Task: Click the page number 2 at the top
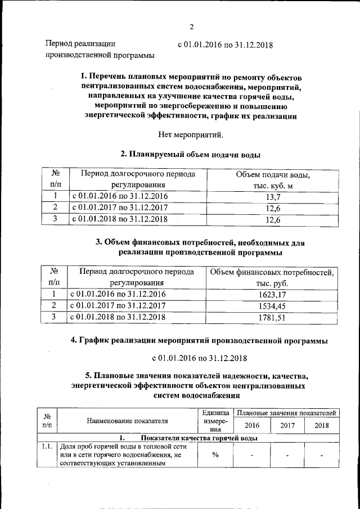click(191, 27)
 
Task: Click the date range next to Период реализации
click(225, 44)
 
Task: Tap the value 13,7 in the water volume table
click(273, 196)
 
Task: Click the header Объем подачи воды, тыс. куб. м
click(273, 180)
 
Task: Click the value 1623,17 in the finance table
click(272, 294)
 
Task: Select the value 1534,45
click(272, 305)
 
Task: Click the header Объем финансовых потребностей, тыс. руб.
click(272, 278)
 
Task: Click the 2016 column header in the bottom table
click(252, 425)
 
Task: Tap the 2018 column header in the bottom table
click(322, 425)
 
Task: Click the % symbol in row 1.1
click(215, 455)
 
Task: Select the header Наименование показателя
click(128, 420)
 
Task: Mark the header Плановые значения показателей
click(287, 413)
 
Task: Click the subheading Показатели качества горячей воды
click(200, 438)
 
